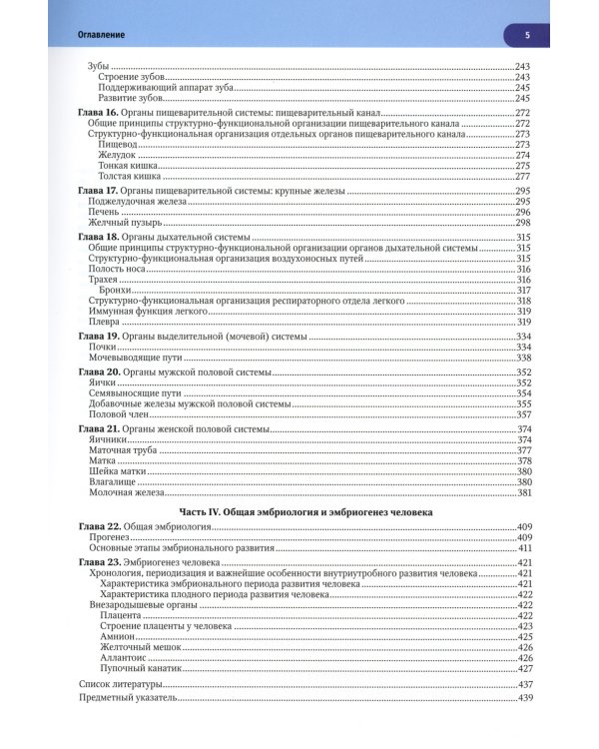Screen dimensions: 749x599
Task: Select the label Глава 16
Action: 98,112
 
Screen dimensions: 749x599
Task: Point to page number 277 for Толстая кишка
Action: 522,177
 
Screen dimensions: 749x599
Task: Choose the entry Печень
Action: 105,212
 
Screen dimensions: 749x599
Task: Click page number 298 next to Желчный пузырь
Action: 522,223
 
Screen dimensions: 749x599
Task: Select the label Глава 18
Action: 98,237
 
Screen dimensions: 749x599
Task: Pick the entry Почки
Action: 104,347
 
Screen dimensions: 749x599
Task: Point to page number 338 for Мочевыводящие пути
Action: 522,358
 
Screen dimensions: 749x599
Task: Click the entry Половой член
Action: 116,414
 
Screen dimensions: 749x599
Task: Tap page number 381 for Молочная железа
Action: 522,493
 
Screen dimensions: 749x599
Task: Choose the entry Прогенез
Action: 110,537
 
